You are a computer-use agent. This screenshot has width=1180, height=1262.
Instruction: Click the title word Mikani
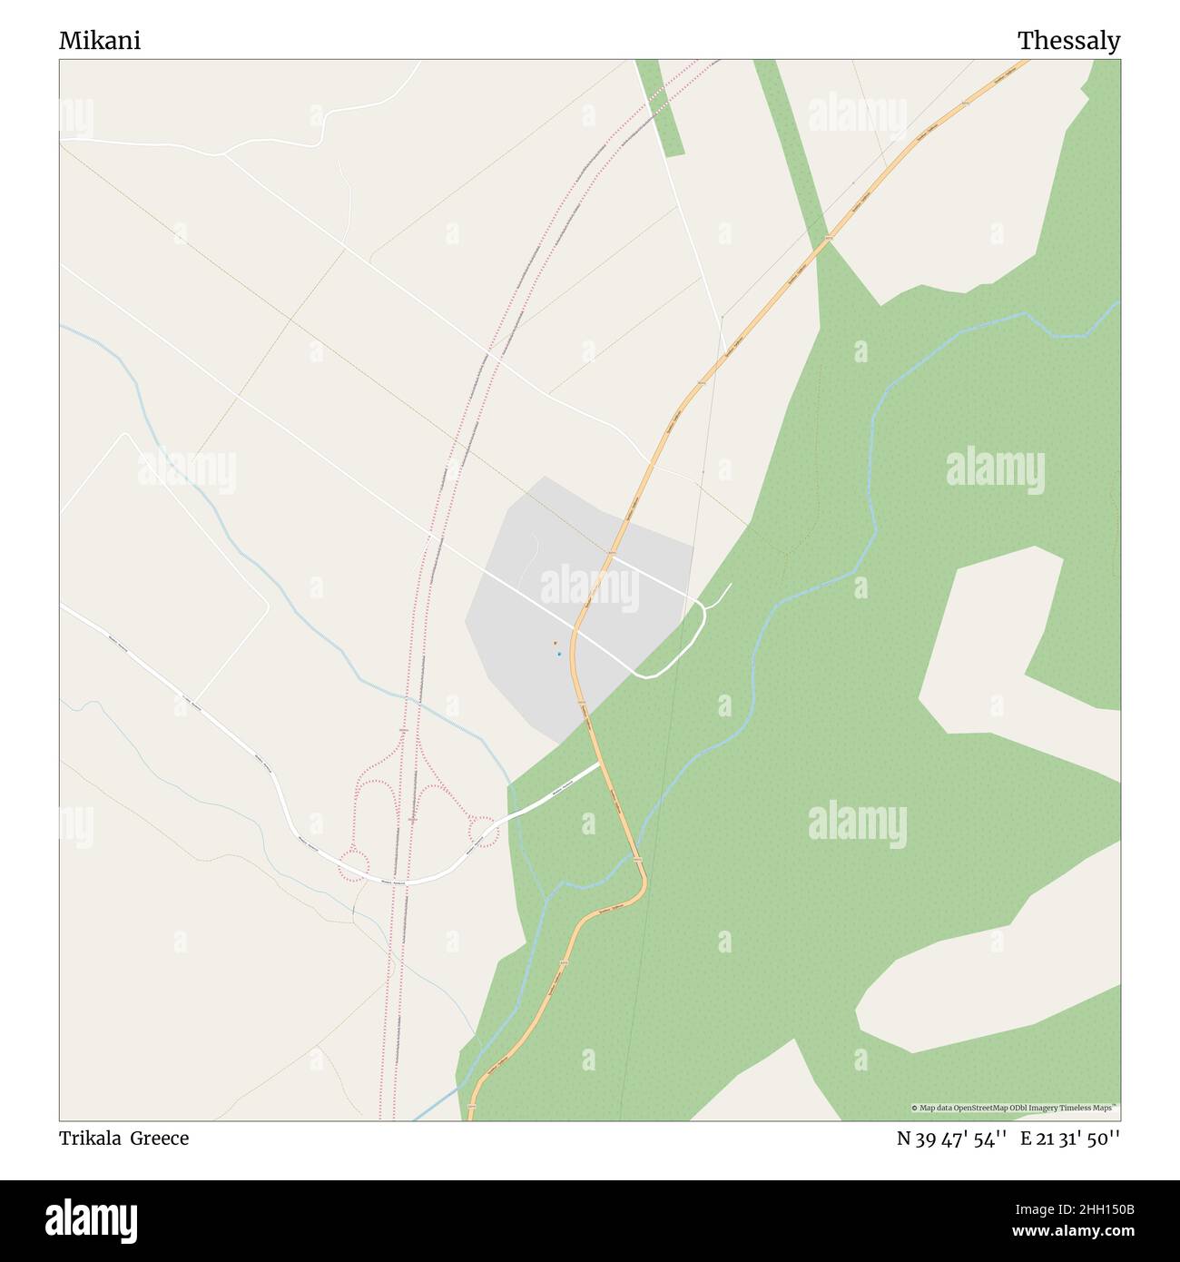point(100,41)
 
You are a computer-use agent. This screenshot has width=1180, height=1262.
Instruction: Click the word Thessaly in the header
point(1068,41)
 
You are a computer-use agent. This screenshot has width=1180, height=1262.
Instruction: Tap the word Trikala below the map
point(91,1139)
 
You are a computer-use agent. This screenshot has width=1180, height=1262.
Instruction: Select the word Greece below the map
point(160,1139)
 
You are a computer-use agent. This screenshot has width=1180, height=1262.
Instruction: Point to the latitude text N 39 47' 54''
point(951,1139)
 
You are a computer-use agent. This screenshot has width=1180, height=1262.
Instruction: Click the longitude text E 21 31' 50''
point(1070,1139)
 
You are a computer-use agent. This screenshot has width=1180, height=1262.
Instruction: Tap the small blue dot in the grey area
point(559,654)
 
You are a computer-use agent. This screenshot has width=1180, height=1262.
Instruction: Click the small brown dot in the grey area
point(555,644)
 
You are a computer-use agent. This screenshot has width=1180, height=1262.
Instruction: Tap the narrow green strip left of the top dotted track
point(659,107)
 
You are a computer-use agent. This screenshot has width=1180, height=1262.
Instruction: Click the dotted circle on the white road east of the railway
point(482,831)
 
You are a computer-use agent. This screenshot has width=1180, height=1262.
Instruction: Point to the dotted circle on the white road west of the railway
point(354,864)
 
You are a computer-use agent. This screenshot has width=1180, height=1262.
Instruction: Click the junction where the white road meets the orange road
point(600,764)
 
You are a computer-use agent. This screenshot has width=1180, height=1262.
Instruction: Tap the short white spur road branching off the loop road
point(719,596)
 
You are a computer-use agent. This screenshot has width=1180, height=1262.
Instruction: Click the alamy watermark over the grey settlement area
point(590,588)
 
